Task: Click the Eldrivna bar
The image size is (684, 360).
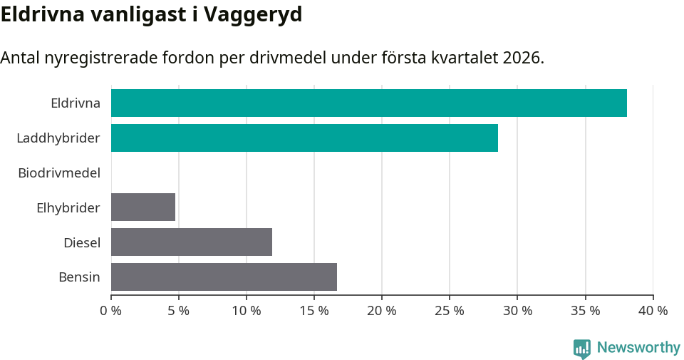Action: [x=369, y=103]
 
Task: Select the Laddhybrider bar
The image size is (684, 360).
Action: [x=304, y=138]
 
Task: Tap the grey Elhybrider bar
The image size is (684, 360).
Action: [x=143, y=207]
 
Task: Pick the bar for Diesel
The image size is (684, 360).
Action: [x=192, y=242]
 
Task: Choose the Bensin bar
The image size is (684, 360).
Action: [x=224, y=277]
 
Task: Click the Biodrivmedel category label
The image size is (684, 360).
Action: [x=59, y=173]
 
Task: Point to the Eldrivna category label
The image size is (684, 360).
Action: [x=76, y=103]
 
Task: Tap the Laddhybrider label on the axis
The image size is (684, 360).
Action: [x=58, y=138]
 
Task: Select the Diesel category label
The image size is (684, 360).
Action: [x=82, y=242]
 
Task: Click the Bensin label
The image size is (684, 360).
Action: [x=79, y=277]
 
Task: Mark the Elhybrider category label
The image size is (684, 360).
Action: [x=68, y=207]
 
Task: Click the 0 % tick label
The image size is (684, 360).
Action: [x=111, y=311]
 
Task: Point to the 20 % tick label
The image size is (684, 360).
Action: [x=382, y=311]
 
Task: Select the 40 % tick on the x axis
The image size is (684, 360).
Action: [x=653, y=311]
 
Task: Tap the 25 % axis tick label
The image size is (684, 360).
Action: [x=450, y=311]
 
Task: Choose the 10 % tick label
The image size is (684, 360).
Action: [x=247, y=311]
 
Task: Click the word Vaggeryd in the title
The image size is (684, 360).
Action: [x=253, y=15]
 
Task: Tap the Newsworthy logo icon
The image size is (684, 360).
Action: [x=582, y=349]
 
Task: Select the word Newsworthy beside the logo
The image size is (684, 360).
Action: [x=638, y=348]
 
